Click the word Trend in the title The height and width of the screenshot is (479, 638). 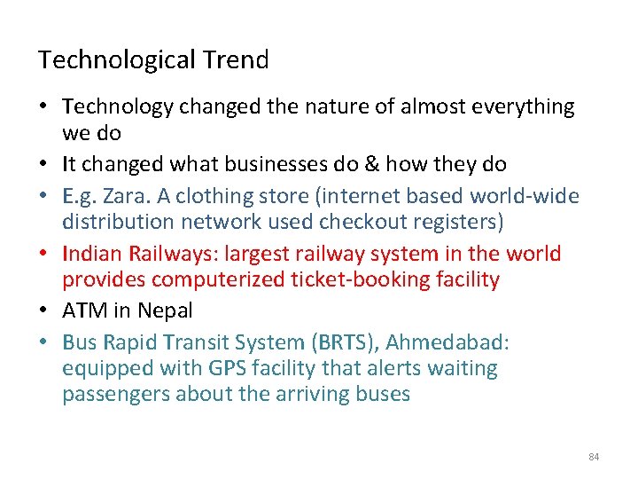pos(235,60)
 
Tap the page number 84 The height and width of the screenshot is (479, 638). pos(594,457)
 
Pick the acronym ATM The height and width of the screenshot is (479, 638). pos(84,310)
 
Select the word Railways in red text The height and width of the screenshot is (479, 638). pos(172,254)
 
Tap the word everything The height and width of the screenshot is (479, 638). pos(522,106)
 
